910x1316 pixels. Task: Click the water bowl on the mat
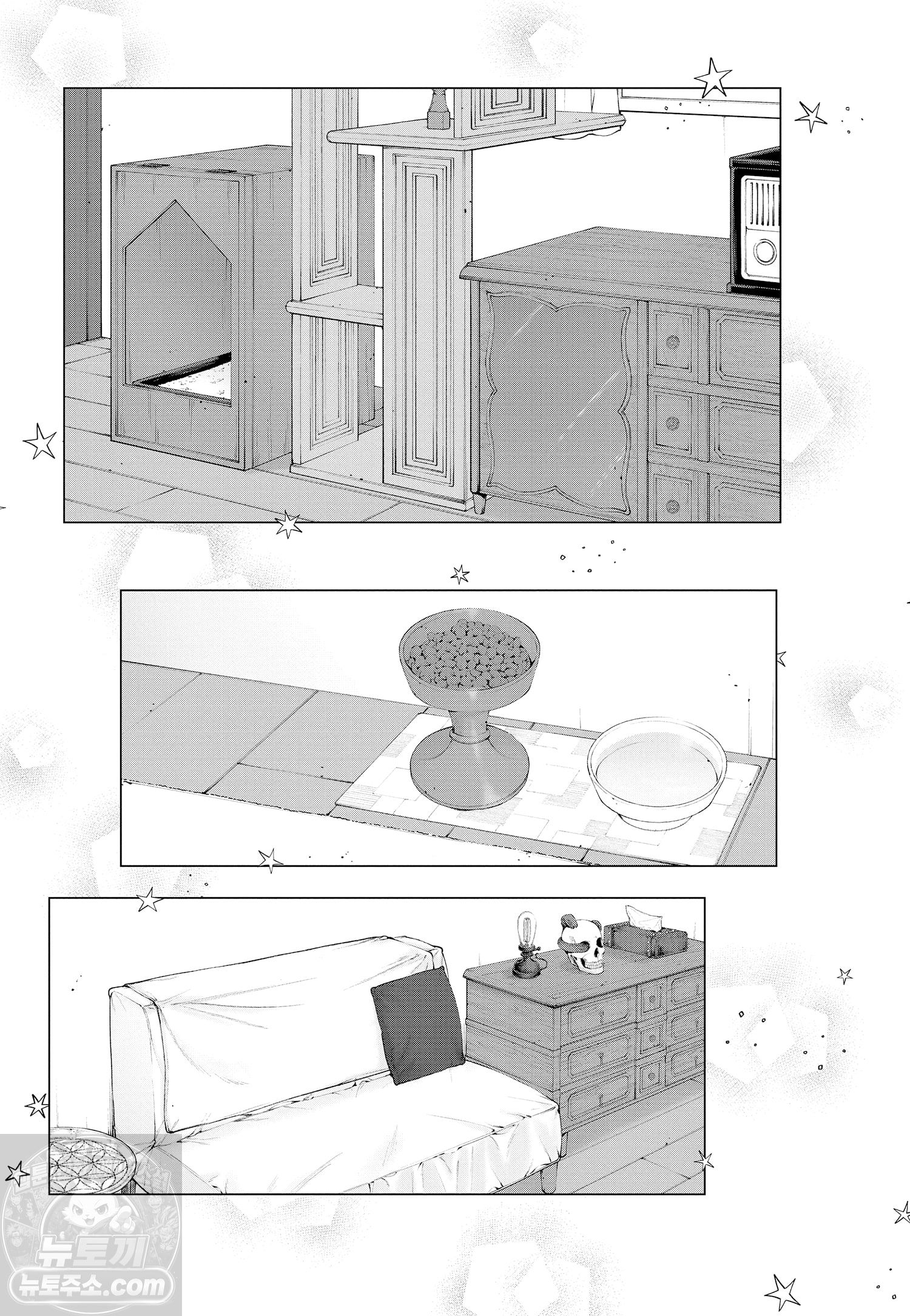(656, 771)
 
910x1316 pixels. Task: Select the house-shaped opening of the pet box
(178, 302)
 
